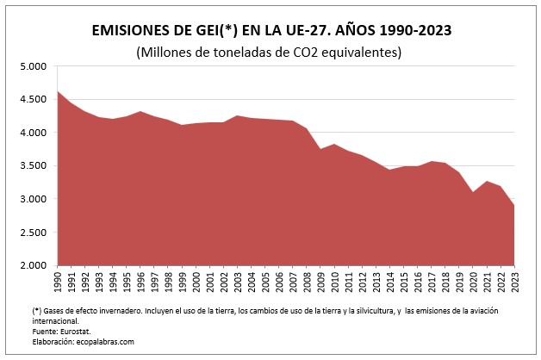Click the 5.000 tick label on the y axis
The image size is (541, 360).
point(33,66)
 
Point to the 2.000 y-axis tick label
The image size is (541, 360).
point(33,265)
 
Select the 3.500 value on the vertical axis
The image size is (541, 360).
point(33,166)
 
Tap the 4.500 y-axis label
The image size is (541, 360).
point(33,100)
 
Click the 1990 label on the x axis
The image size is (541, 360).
point(58,282)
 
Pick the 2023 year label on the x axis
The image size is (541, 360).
point(513,282)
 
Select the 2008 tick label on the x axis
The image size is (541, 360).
point(307,282)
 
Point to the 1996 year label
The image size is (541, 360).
point(140,282)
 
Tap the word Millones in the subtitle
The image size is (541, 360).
point(170,53)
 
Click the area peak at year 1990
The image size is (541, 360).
point(58,90)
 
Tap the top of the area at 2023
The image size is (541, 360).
point(513,205)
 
